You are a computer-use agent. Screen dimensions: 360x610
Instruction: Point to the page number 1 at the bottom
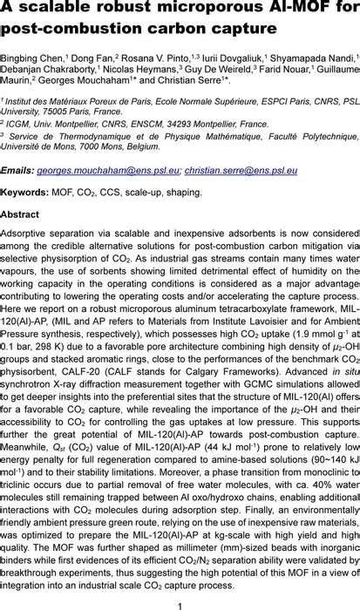(180, 603)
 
